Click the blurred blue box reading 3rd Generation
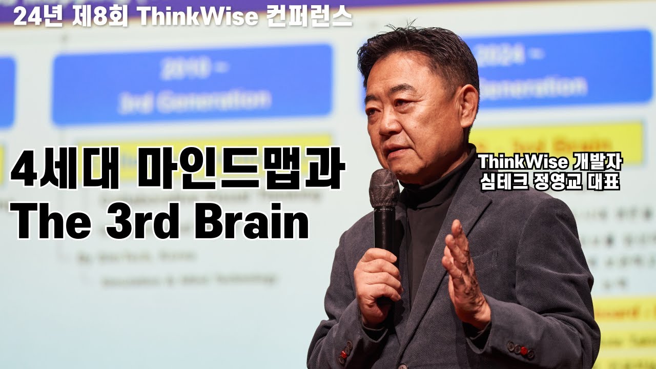[193, 85]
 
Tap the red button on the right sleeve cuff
[523, 351]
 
